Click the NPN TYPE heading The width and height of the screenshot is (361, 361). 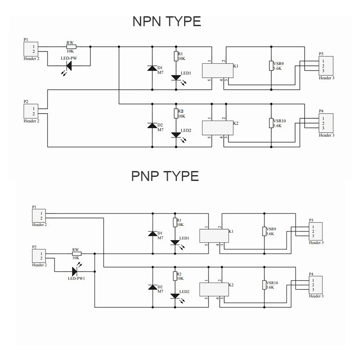pyautogui.click(x=167, y=21)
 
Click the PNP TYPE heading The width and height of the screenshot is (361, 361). pyautogui.click(x=165, y=176)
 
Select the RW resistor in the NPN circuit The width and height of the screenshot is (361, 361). pyautogui.click(x=71, y=46)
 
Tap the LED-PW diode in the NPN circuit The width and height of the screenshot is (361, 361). pyautogui.click(x=69, y=66)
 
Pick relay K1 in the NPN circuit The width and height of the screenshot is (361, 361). pyautogui.click(x=217, y=70)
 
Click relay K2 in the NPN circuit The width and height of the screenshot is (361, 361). pyautogui.click(x=217, y=127)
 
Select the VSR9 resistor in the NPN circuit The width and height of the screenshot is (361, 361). pyautogui.click(x=271, y=66)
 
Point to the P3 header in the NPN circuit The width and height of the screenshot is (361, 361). pyautogui.click(x=325, y=65)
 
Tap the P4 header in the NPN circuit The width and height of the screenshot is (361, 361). pyautogui.click(x=325, y=122)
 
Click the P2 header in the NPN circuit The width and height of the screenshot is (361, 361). pyautogui.click(x=32, y=111)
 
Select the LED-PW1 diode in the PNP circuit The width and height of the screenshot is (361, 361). pyautogui.click(x=74, y=271)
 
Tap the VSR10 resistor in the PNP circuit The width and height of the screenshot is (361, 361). pyautogui.click(x=264, y=285)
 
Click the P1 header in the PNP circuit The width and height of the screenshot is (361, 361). pyautogui.click(x=40, y=216)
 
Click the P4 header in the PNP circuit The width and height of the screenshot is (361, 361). pyautogui.click(x=315, y=284)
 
